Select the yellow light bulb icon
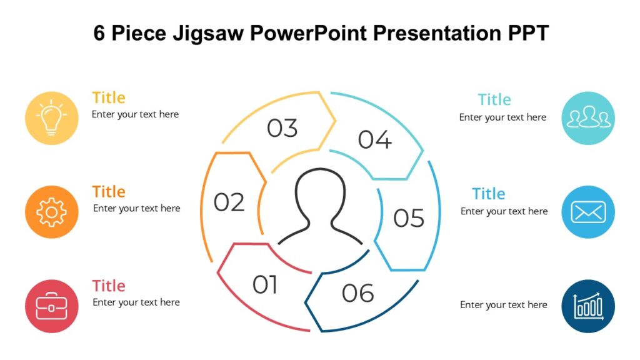coord(52,118)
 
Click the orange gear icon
coord(52,212)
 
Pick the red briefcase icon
coord(52,306)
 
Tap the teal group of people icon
coord(588,118)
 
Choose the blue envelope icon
coord(588,212)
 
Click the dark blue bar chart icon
coord(588,306)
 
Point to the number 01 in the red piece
coord(265,285)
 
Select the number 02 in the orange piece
coord(229,202)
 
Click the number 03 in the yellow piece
coord(282,128)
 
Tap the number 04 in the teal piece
coord(374,140)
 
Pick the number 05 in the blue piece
coord(409,218)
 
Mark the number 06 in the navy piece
coord(358,293)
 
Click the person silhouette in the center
coord(321,207)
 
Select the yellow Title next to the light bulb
coord(109,97)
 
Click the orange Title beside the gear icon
coord(109,192)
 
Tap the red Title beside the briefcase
coord(109,286)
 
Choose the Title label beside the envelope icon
coord(489,194)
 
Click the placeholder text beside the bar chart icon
coord(504,305)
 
